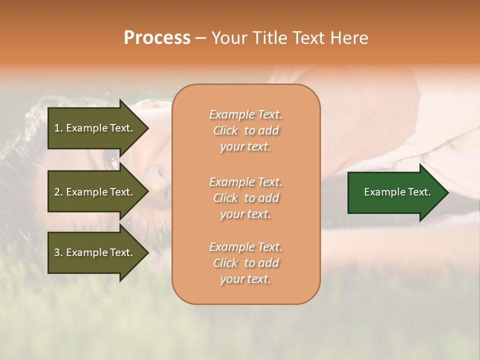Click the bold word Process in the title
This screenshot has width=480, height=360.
click(x=157, y=38)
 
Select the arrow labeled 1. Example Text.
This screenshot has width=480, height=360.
click(x=95, y=128)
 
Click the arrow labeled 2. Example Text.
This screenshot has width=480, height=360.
click(x=95, y=192)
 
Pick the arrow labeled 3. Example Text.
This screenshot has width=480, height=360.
click(x=95, y=252)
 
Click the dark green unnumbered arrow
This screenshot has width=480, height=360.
click(x=395, y=192)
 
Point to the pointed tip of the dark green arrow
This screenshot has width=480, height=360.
click(x=447, y=192)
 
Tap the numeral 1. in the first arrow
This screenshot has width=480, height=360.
click(x=58, y=128)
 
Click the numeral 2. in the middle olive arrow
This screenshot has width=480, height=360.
click(x=58, y=192)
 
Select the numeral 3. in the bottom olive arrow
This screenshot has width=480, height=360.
click(x=58, y=252)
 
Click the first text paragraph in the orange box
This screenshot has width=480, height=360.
click(x=245, y=130)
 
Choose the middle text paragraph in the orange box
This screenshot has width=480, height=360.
click(x=245, y=197)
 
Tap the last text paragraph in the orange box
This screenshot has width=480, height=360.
click(x=245, y=263)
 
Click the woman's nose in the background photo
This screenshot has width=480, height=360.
click(x=159, y=175)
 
